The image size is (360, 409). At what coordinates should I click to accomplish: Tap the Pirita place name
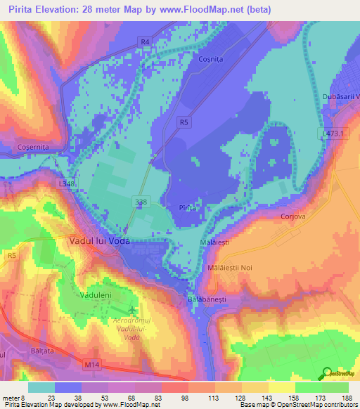click(188, 208)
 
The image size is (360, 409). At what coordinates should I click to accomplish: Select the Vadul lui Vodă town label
click(101, 240)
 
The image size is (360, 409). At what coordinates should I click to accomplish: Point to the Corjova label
click(295, 217)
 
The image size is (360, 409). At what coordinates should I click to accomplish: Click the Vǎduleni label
click(96, 294)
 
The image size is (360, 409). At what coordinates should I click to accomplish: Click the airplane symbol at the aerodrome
click(132, 310)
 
